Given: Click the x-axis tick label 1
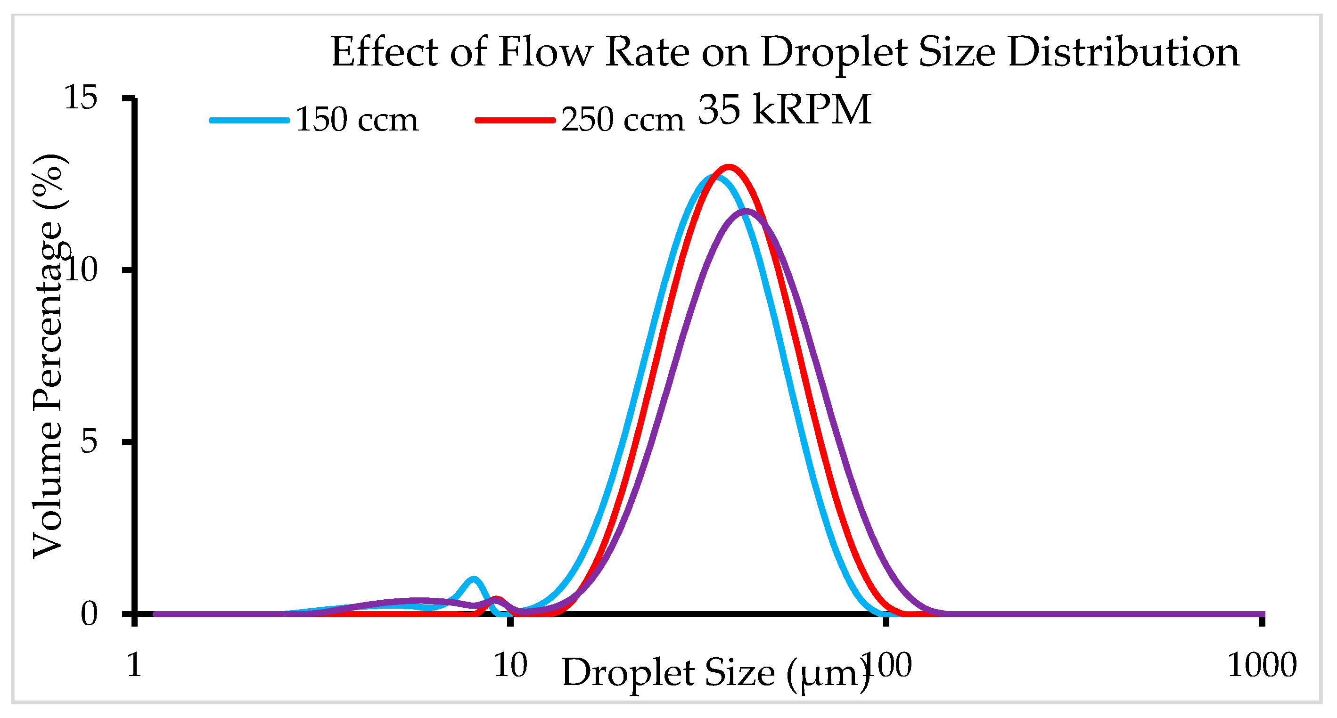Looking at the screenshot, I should (x=134, y=665).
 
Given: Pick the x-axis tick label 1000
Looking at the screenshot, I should (x=1262, y=665).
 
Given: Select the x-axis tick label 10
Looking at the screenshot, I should (x=511, y=665).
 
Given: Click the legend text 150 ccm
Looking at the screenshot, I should (x=357, y=120).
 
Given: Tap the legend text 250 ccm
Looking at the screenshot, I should (x=623, y=120).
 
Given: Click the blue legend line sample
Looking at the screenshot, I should (x=250, y=120).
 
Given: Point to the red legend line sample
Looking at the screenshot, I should (x=516, y=120).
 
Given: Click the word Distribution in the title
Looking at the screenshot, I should (x=1124, y=52).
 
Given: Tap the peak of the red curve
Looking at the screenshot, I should (x=729, y=168).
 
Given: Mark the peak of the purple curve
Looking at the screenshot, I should (x=746, y=211).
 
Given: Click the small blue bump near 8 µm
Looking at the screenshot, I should (x=473, y=579).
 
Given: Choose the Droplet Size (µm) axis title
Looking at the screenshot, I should (x=715, y=673).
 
